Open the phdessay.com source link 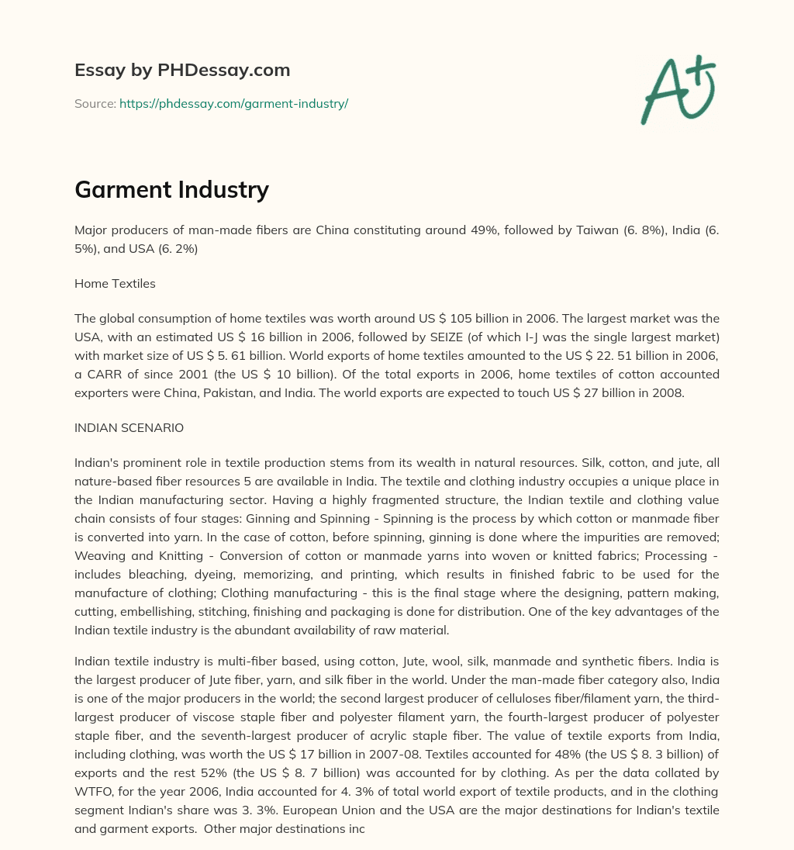click(233, 103)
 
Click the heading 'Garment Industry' click(171, 188)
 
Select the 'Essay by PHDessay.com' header click(182, 70)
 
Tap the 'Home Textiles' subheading click(115, 283)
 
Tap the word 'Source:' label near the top click(95, 103)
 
